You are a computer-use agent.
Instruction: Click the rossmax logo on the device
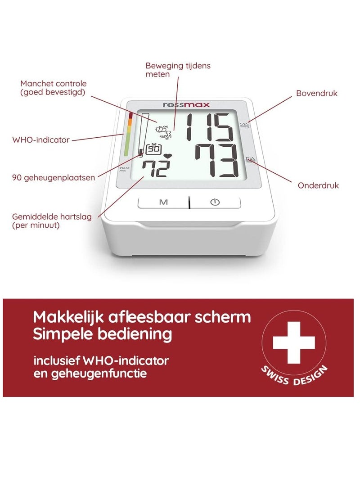click(186, 105)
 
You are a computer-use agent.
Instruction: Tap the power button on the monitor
click(215, 202)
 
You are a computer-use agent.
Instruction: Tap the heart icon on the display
click(168, 156)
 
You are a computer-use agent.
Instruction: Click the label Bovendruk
click(316, 94)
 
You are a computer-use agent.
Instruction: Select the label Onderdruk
click(318, 185)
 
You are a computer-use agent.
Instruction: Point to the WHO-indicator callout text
click(41, 140)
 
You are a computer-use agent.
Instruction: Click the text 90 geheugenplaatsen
click(54, 177)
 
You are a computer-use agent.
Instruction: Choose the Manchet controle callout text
click(53, 88)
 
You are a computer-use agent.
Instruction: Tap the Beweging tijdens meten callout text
click(178, 70)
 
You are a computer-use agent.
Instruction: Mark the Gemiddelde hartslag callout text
click(52, 221)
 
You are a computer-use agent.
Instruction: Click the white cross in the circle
click(294, 342)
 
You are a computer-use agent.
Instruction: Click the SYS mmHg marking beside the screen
click(244, 125)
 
